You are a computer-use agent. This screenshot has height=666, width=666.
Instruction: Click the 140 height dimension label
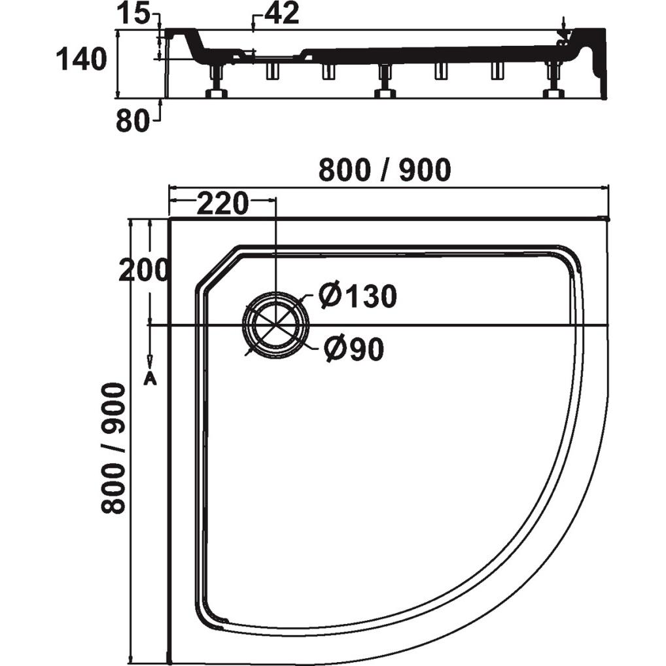[x=80, y=59]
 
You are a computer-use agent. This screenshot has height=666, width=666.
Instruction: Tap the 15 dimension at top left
[x=133, y=15]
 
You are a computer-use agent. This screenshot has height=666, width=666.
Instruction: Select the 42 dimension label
[x=282, y=13]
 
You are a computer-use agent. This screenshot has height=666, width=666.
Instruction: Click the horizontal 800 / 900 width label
[x=385, y=170]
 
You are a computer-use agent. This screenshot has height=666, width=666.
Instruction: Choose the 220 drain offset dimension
[x=222, y=203]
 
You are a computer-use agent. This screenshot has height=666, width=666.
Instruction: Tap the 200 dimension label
[x=143, y=270]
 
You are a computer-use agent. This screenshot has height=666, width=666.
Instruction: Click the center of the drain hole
[x=276, y=325]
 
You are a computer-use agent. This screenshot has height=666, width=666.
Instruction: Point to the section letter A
[x=150, y=377]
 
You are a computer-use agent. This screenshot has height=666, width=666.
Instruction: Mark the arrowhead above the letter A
[x=150, y=362]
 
